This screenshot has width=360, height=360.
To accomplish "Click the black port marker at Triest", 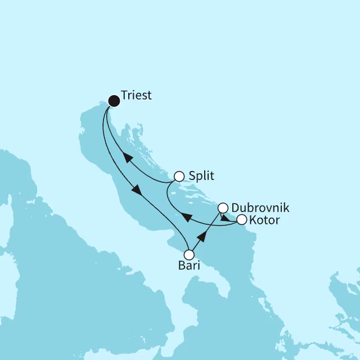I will pyautogui.click(x=114, y=101).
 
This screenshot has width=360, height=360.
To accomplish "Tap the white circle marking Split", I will pyautogui.click(x=179, y=176).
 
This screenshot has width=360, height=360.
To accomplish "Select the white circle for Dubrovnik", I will pyautogui.click(x=223, y=208).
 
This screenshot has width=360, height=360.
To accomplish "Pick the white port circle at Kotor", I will pyautogui.click(x=241, y=219).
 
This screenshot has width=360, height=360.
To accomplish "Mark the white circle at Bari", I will pyautogui.click(x=190, y=255).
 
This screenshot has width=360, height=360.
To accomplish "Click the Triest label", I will pyautogui.click(x=136, y=96).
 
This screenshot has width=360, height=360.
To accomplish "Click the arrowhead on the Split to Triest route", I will pyautogui.click(x=128, y=157).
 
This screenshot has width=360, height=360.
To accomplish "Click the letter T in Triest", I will pyautogui.click(x=124, y=96).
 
